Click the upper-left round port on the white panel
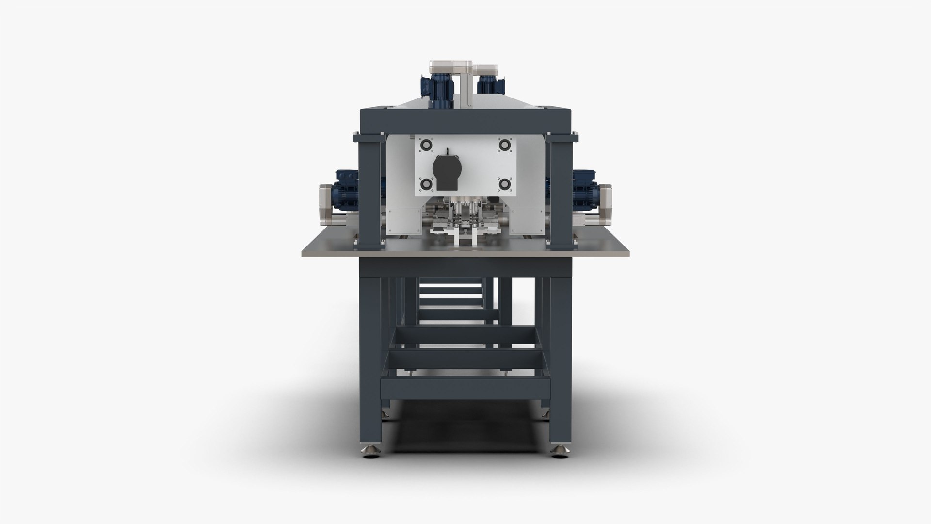(427, 145)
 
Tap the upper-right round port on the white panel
(505, 145)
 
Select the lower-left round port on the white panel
(427, 184)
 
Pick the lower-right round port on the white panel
(505, 184)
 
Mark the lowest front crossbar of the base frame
(465, 389)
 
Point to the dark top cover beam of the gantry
(465, 119)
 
